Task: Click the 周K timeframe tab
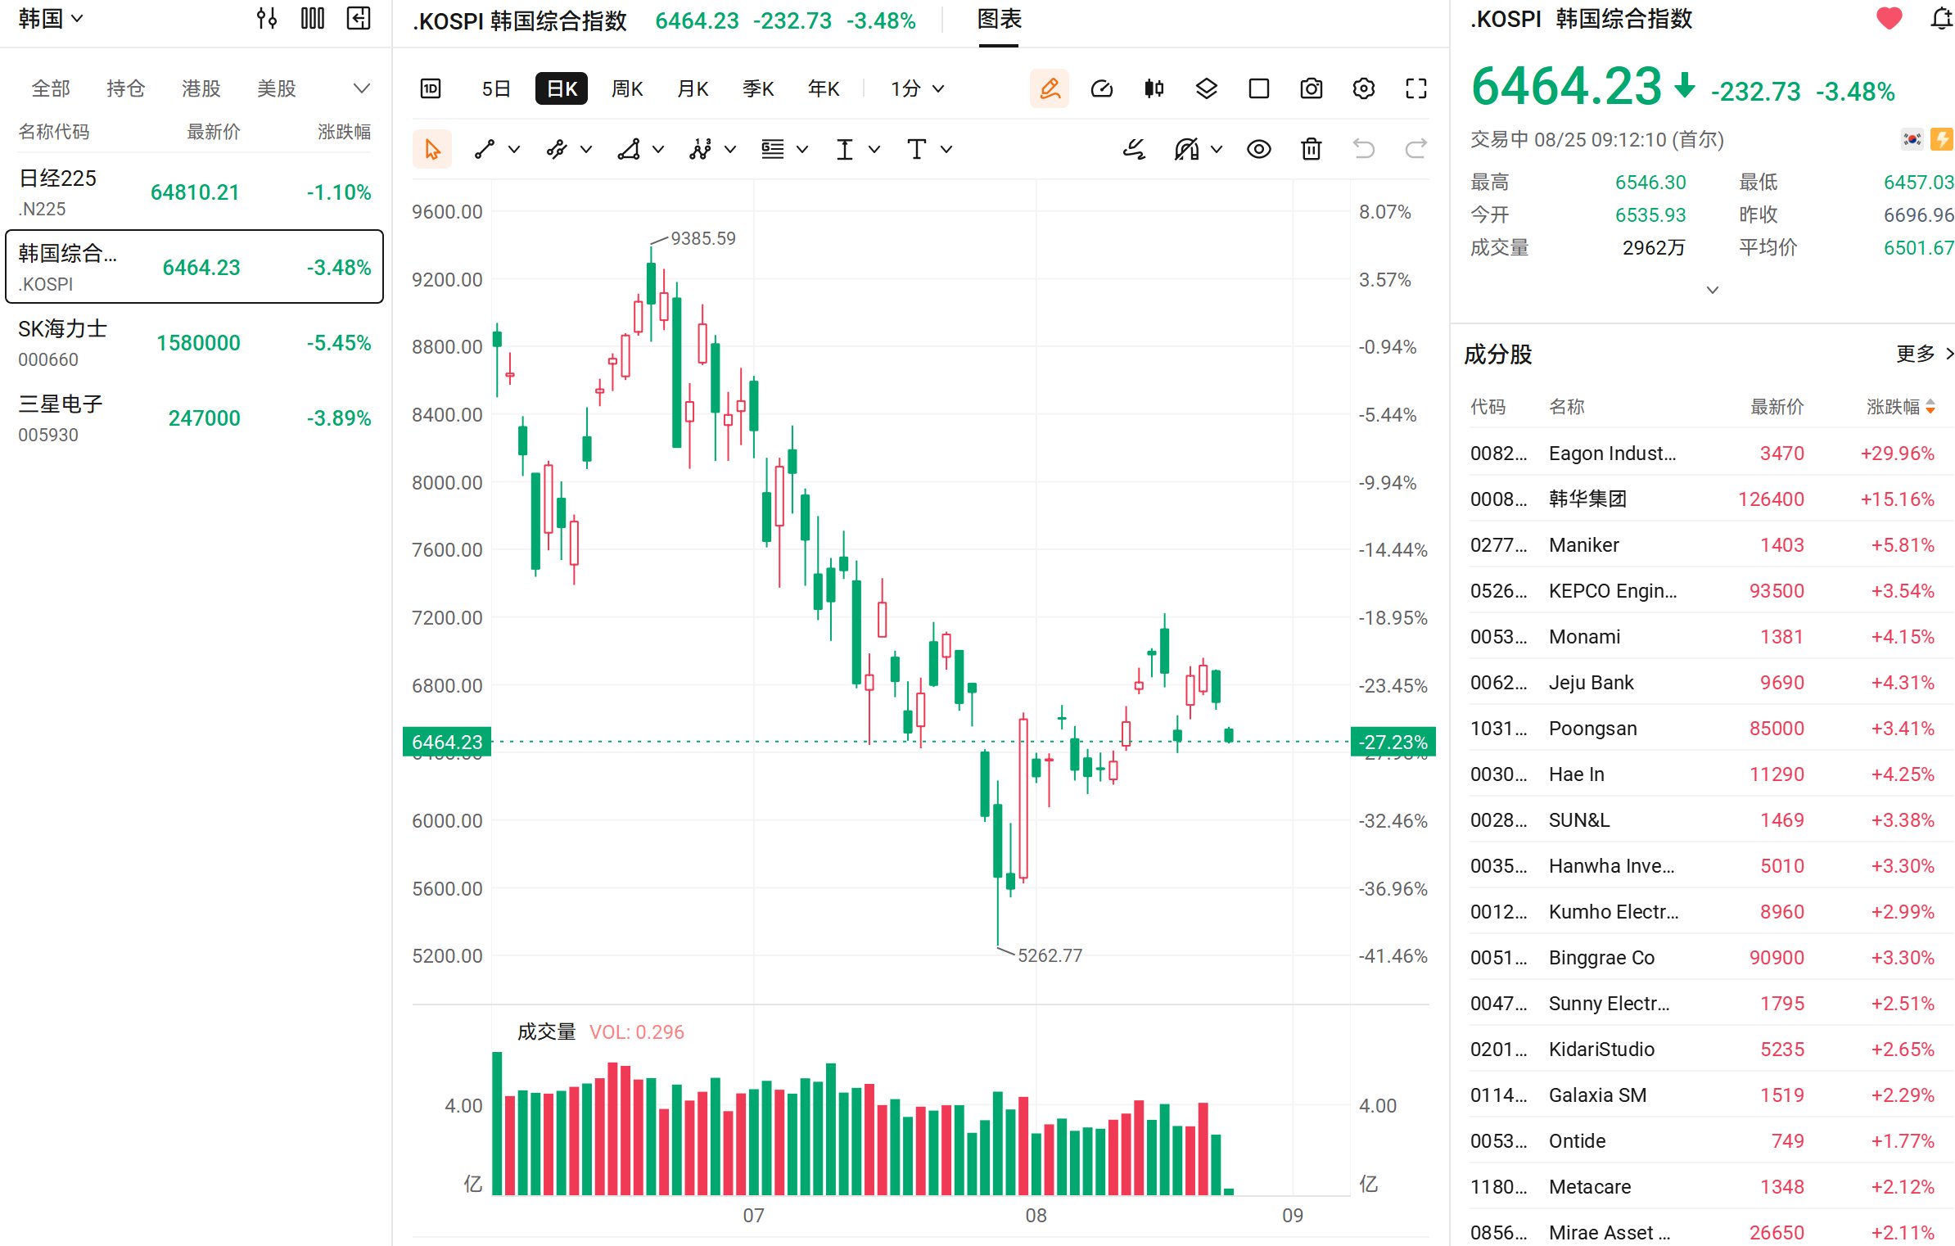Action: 627,88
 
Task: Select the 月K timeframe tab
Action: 693,88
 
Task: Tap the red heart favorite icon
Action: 1890,18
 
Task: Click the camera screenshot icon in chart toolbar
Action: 1312,88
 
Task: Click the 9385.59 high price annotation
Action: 703,238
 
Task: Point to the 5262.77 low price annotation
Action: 1050,955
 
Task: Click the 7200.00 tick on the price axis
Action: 447,617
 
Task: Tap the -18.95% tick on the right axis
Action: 1393,617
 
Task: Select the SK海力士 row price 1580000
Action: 198,343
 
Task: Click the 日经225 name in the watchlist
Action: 57,178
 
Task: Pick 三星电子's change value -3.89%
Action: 339,418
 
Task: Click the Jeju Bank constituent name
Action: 1591,683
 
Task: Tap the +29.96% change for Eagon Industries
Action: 1897,454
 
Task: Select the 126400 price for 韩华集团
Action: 1771,499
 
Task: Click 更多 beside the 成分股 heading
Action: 1916,354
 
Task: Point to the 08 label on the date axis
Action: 1036,1216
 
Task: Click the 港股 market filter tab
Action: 201,88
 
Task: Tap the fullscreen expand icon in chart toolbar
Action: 1416,88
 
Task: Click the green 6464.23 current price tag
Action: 447,742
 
